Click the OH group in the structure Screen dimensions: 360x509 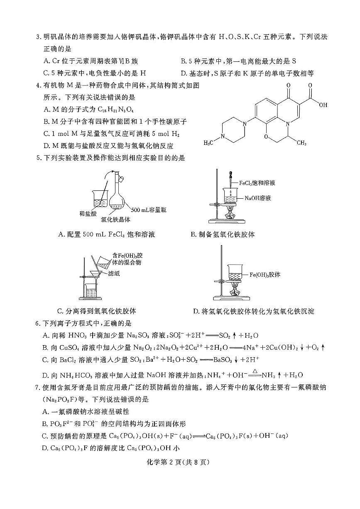click(323, 105)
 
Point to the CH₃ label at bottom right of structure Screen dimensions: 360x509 click(301, 143)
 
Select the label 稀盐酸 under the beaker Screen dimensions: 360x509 click(88, 213)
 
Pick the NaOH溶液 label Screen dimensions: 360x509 click(257, 198)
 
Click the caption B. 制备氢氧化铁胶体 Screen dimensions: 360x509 click(223, 234)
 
